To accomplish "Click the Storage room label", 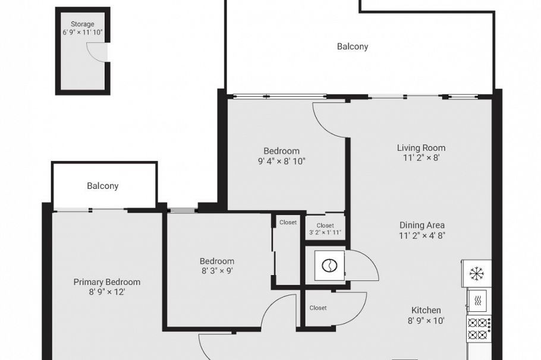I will (83, 24).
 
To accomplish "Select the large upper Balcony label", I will (353, 46).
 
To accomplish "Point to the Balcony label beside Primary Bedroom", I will (103, 186).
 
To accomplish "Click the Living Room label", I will (421, 148).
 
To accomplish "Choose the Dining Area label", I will (422, 225).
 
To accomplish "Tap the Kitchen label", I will (426, 310).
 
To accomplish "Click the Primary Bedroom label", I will (107, 282).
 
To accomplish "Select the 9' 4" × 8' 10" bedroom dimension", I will (282, 160).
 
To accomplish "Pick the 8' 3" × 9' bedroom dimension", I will (216, 271).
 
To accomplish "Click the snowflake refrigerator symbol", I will (476, 273).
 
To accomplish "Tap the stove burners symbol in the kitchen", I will (478, 329).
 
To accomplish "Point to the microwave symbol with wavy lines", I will (477, 301).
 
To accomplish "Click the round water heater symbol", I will (328, 266).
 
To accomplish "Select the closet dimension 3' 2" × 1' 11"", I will (325, 233).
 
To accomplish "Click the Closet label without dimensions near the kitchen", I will (318, 308).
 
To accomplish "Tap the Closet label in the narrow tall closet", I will (288, 222).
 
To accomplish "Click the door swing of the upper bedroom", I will (329, 120).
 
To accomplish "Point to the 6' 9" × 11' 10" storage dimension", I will (83, 33).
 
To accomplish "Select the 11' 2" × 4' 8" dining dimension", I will (422, 235).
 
